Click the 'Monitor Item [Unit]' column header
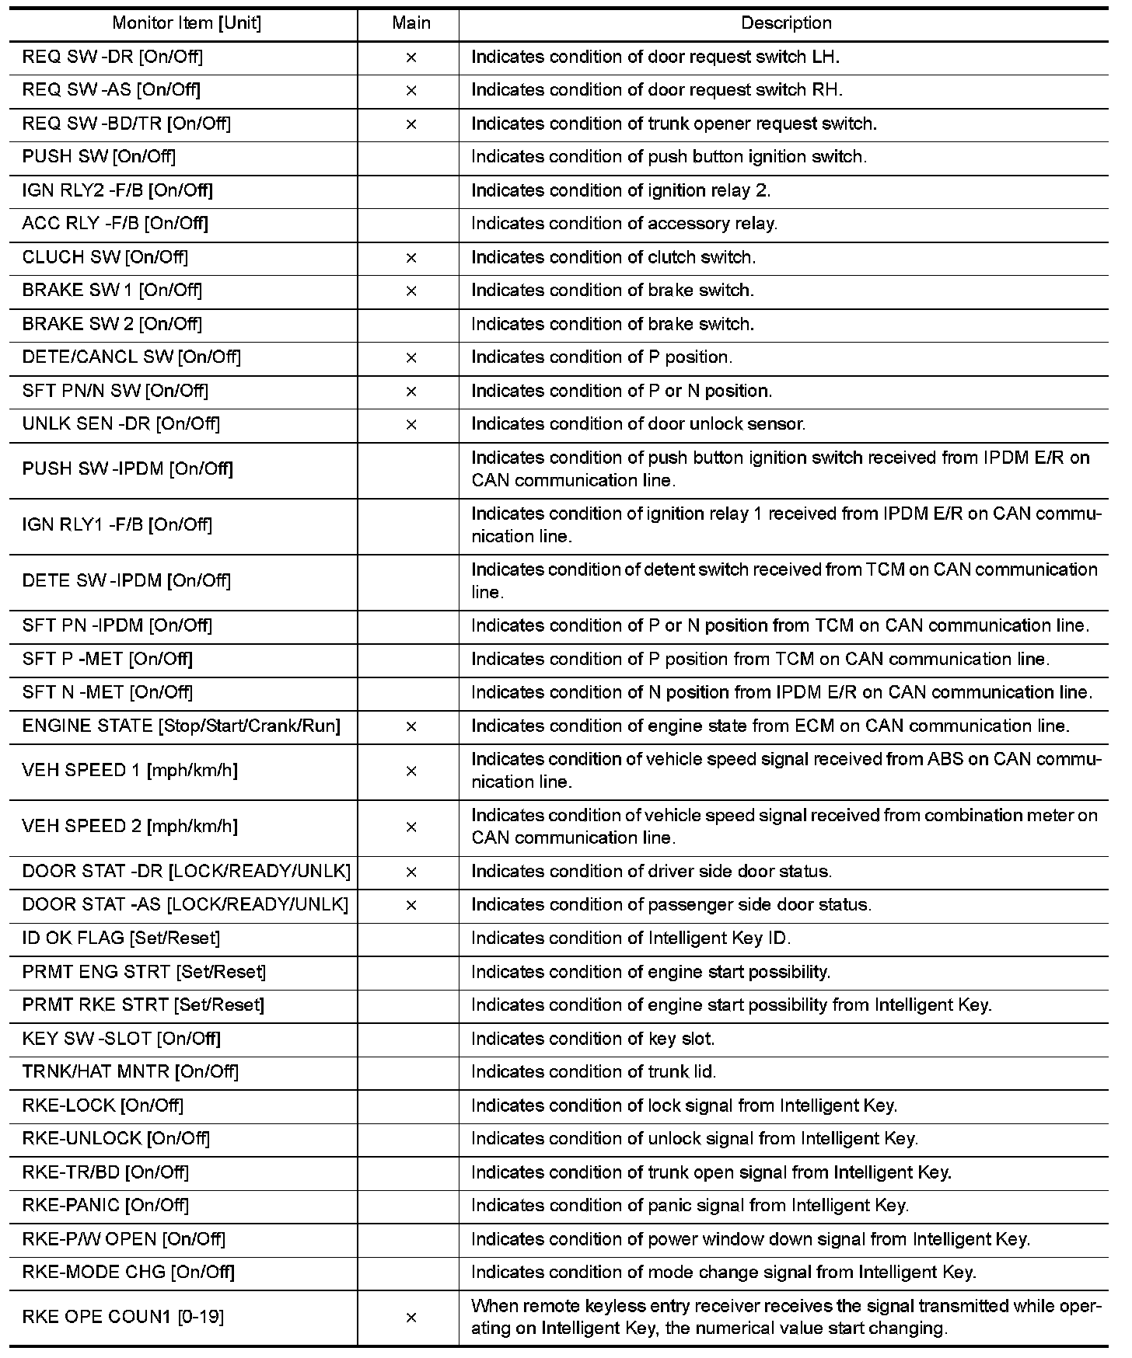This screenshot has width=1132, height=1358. tap(187, 23)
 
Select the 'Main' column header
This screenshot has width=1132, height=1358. tap(411, 23)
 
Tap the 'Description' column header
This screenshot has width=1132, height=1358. tap(786, 23)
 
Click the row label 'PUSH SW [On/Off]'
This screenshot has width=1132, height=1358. tap(99, 157)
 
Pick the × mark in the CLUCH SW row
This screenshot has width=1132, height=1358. tap(411, 258)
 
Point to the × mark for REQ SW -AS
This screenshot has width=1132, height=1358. tap(411, 91)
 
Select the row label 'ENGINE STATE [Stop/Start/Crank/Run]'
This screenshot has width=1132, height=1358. tap(181, 726)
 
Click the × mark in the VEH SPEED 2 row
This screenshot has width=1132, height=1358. tap(411, 827)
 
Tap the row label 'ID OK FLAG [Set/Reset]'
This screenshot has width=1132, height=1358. tap(121, 938)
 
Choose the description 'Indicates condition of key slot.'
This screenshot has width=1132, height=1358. tap(593, 1039)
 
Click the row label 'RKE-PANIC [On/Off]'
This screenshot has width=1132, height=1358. tap(106, 1206)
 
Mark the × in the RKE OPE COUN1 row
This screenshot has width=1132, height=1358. tap(411, 1318)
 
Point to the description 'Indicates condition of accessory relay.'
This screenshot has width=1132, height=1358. tap(624, 224)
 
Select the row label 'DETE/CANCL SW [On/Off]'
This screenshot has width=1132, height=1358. tap(131, 357)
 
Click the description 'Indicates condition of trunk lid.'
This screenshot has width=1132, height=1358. tap(594, 1072)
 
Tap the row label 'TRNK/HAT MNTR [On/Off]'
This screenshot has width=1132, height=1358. tap(131, 1072)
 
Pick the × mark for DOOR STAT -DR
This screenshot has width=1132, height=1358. tap(411, 872)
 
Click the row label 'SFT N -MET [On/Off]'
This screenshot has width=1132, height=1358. tap(107, 692)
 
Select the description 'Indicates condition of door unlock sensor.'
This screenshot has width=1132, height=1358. tap(638, 424)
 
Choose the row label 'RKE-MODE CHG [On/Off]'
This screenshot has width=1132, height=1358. tap(128, 1273)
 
